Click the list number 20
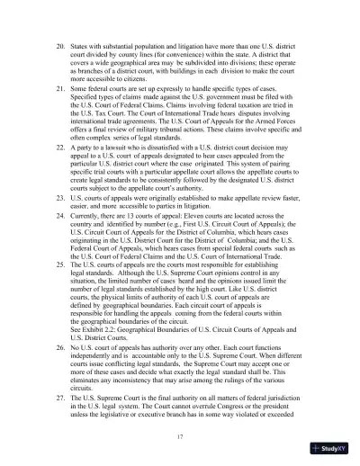pos(59,44)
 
